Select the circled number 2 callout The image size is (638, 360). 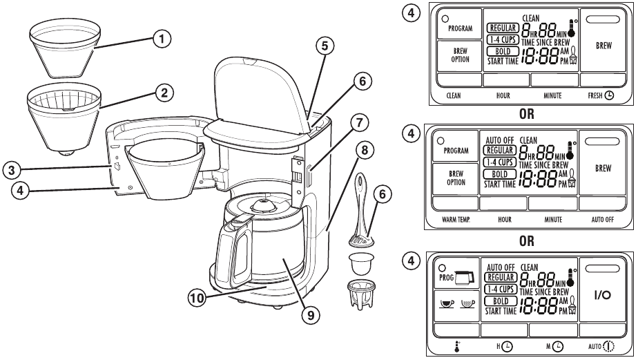point(162,92)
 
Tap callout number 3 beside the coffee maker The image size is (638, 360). point(10,168)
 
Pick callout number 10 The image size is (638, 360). point(198,299)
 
